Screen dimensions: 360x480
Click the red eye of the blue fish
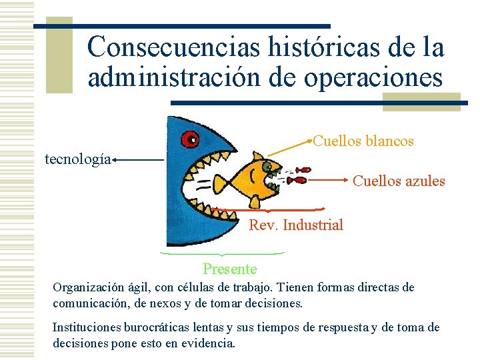pyautogui.click(x=192, y=139)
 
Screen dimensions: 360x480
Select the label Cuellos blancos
pyautogui.click(x=364, y=141)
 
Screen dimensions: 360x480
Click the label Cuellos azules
pyautogui.click(x=399, y=181)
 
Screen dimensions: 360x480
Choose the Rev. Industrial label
pyautogui.click(x=296, y=225)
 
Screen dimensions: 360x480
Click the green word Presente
pyautogui.click(x=229, y=269)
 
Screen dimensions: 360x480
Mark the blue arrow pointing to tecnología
pyautogui.click(x=138, y=160)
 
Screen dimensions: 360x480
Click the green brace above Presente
pyautogui.click(x=222, y=254)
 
